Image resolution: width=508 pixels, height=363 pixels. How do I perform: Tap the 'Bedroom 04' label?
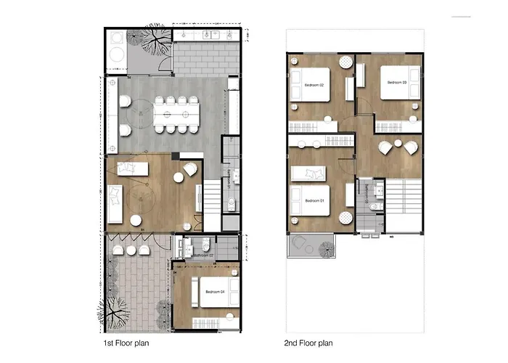coord(215,292)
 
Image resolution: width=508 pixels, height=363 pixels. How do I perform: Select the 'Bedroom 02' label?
coord(314,85)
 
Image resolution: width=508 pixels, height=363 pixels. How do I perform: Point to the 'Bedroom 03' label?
coord(396,82)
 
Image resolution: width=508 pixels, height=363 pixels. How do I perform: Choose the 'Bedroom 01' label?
coord(314,200)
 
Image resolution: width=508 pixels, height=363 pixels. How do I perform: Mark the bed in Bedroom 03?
coord(399,83)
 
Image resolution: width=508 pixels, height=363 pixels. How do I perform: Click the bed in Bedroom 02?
coord(311,85)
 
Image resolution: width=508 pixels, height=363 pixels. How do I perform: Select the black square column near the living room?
coord(176,156)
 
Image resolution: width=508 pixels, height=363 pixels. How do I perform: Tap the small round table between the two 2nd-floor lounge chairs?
coord(399,142)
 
